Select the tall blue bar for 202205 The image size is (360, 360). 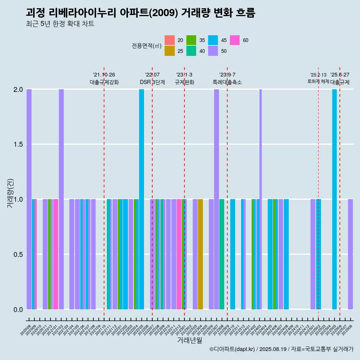[x=141, y=199]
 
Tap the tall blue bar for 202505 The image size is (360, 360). [x=334, y=199]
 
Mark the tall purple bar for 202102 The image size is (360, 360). [x=61, y=199]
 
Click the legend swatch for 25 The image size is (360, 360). [x=169, y=51]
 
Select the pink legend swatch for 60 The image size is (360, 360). [x=235, y=40]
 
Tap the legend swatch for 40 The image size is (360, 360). [x=191, y=51]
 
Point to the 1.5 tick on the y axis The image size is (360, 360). [x=18, y=144]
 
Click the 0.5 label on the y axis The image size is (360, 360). [x=18, y=255]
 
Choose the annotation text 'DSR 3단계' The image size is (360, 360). [x=152, y=82]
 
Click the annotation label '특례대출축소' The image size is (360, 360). [x=227, y=82]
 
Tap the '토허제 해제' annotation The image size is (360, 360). [x=318, y=81]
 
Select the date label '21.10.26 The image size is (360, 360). [x=104, y=75]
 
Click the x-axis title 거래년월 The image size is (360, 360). [x=189, y=340]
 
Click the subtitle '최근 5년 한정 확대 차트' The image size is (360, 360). [x=60, y=24]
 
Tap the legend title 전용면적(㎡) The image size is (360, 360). [x=146, y=46]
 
